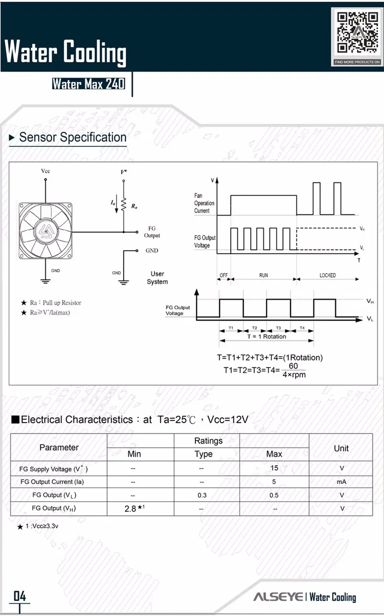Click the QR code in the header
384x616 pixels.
(357, 33)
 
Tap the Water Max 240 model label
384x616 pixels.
(88, 84)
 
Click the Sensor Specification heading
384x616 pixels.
(72, 137)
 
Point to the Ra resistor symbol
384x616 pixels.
(123, 205)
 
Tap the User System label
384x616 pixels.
(157, 278)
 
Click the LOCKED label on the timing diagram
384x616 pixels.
(328, 276)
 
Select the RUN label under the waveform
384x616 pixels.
(264, 276)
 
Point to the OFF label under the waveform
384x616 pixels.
(224, 276)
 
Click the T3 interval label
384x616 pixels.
(278, 328)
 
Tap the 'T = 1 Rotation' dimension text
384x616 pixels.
(266, 337)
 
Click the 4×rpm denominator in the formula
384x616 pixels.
(294, 374)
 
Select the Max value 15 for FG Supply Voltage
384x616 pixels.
(274, 468)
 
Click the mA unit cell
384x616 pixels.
(341, 482)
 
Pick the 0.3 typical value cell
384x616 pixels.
(202, 495)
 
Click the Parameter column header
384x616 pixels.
(59, 447)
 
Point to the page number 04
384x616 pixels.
(20, 596)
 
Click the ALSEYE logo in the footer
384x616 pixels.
(278, 597)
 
